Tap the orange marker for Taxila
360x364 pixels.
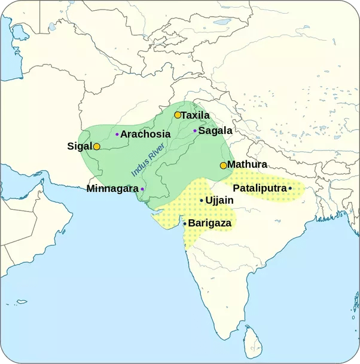(178, 115)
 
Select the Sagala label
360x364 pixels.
(215, 130)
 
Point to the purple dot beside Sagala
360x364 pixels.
(195, 130)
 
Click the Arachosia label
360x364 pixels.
(145, 134)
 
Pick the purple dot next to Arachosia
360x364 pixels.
(117, 134)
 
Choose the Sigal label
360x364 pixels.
(79, 146)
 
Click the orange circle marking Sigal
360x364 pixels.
(96, 146)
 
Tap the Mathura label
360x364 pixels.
(247, 164)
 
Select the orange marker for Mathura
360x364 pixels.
(224, 165)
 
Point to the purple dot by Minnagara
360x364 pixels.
(142, 189)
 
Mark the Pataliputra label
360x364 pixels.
(259, 188)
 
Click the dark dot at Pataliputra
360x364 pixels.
(290, 188)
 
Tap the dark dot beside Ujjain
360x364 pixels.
(202, 200)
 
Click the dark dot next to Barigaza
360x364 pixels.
(185, 224)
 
